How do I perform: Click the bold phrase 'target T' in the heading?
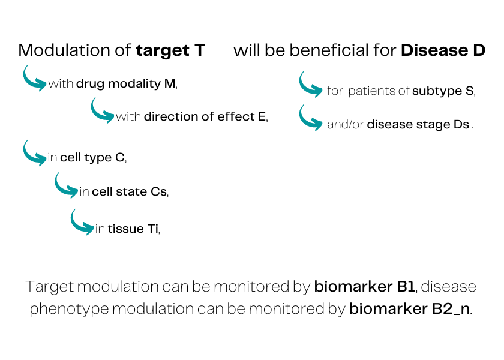tap(170, 50)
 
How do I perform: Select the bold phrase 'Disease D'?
tap(443, 50)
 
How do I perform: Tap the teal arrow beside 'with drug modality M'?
tap(34, 79)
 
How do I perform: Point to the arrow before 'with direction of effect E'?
tap(102, 111)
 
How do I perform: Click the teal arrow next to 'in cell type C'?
tap(34, 153)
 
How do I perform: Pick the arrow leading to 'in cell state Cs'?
tap(66, 186)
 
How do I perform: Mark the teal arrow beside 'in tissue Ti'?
tap(82, 222)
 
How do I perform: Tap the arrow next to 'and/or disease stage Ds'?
tap(311, 118)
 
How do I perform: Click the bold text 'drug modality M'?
tap(126, 84)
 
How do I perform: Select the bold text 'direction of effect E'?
tap(205, 117)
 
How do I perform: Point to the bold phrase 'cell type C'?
tap(92, 158)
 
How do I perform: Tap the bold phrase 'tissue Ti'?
tap(133, 229)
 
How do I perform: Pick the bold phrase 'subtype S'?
tap(443, 91)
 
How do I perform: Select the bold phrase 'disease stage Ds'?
tap(418, 125)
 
